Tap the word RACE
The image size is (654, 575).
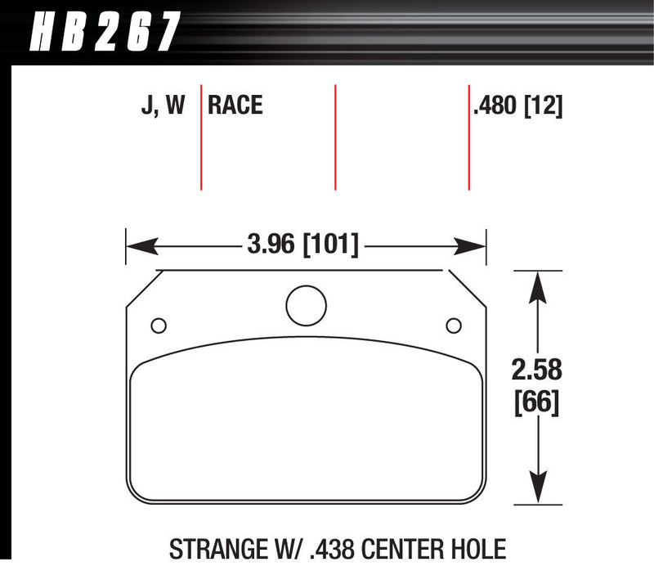click(235, 106)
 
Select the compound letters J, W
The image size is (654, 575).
click(163, 106)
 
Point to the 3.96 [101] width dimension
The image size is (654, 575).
click(302, 243)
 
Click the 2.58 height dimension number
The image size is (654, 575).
click(538, 370)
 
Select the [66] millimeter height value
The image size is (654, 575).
click(538, 402)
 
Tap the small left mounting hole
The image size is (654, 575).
click(159, 326)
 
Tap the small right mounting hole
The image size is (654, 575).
click(453, 326)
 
